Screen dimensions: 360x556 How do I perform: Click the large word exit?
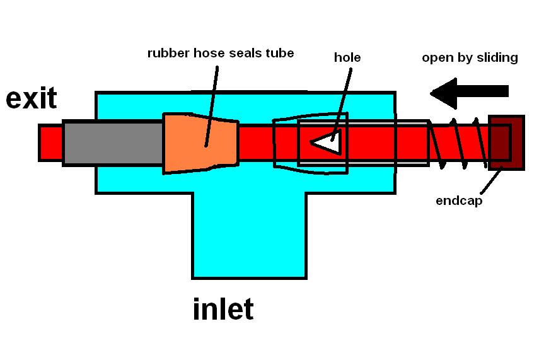click(x=32, y=98)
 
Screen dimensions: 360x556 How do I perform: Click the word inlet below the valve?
click(x=223, y=310)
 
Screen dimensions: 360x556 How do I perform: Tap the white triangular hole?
click(x=328, y=142)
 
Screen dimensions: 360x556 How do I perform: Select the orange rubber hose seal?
click(x=201, y=143)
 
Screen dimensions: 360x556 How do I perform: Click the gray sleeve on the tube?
click(x=112, y=143)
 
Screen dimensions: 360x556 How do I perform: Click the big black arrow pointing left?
click(x=469, y=91)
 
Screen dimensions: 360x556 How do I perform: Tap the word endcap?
click(x=459, y=202)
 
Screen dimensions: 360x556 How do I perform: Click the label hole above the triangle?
click(x=347, y=58)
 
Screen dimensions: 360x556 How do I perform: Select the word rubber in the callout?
click(x=167, y=53)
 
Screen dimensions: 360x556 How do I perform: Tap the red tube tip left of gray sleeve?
click(x=50, y=143)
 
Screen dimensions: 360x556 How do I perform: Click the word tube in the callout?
click(x=281, y=53)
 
